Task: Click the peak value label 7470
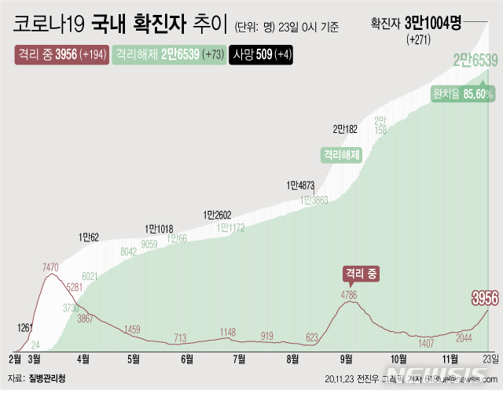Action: (50, 268)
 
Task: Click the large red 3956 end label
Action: (484, 297)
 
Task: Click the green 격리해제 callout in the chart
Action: (340, 154)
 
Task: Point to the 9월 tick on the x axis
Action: (347, 359)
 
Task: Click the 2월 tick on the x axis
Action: (15, 359)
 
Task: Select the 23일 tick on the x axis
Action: (487, 359)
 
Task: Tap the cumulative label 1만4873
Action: (301, 186)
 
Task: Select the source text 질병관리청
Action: (47, 378)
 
